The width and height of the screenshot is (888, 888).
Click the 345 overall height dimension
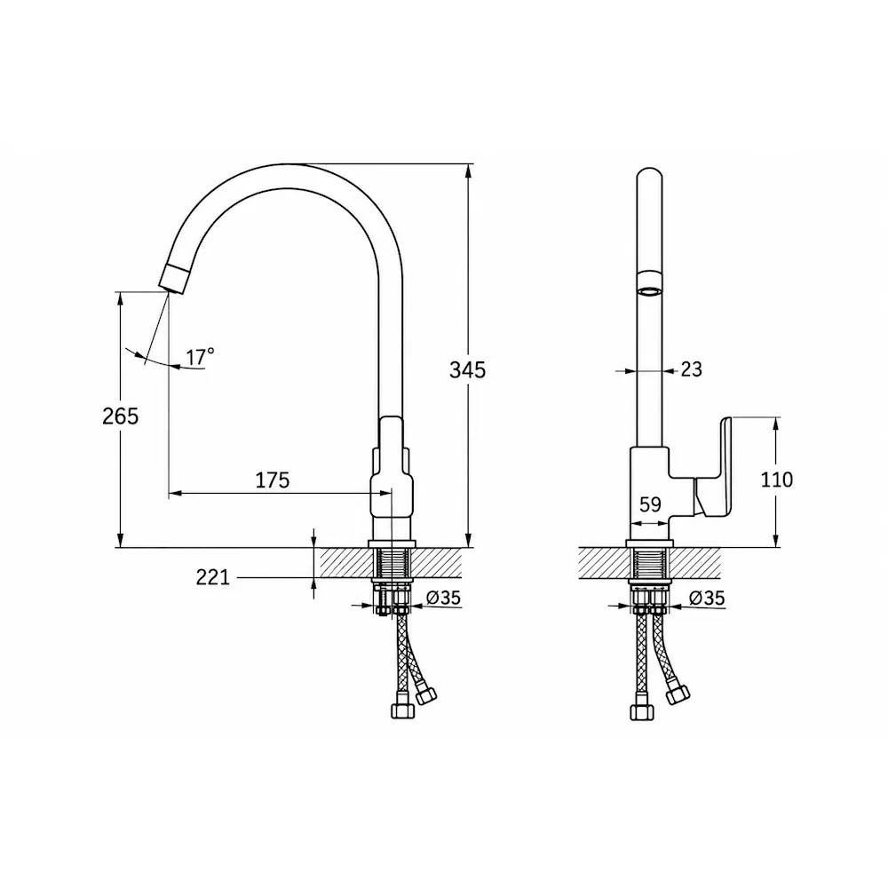pos(467,369)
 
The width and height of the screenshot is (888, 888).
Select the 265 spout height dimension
pos(120,416)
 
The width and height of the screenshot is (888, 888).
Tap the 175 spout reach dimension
pos(273,480)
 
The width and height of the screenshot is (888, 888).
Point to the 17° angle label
pos(201,357)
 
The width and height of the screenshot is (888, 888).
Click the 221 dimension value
pos(213,578)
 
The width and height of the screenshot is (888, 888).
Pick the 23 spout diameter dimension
pos(691,369)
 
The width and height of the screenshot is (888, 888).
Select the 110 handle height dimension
pos(776,480)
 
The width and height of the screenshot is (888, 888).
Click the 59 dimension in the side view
pos(650,504)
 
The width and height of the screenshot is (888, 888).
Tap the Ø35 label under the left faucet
pos(443,598)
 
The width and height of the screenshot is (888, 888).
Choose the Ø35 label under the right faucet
pos(707,598)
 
